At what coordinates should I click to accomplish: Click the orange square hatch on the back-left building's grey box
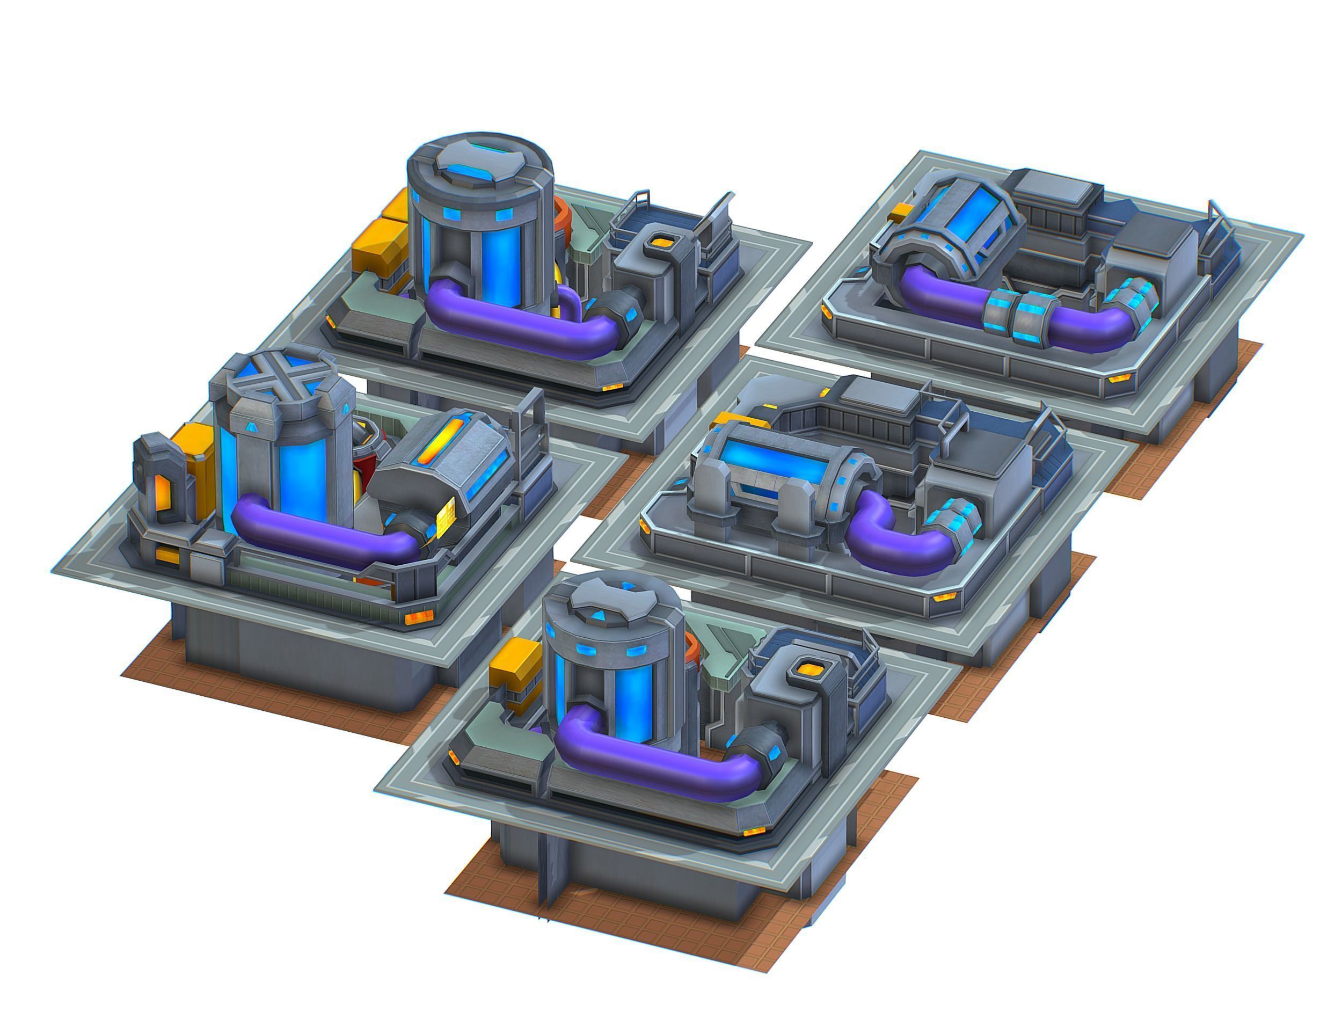pyautogui.click(x=658, y=242)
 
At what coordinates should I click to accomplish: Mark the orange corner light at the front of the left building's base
pyautogui.click(x=418, y=618)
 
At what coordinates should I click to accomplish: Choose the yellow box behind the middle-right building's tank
pyautogui.click(x=727, y=419)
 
